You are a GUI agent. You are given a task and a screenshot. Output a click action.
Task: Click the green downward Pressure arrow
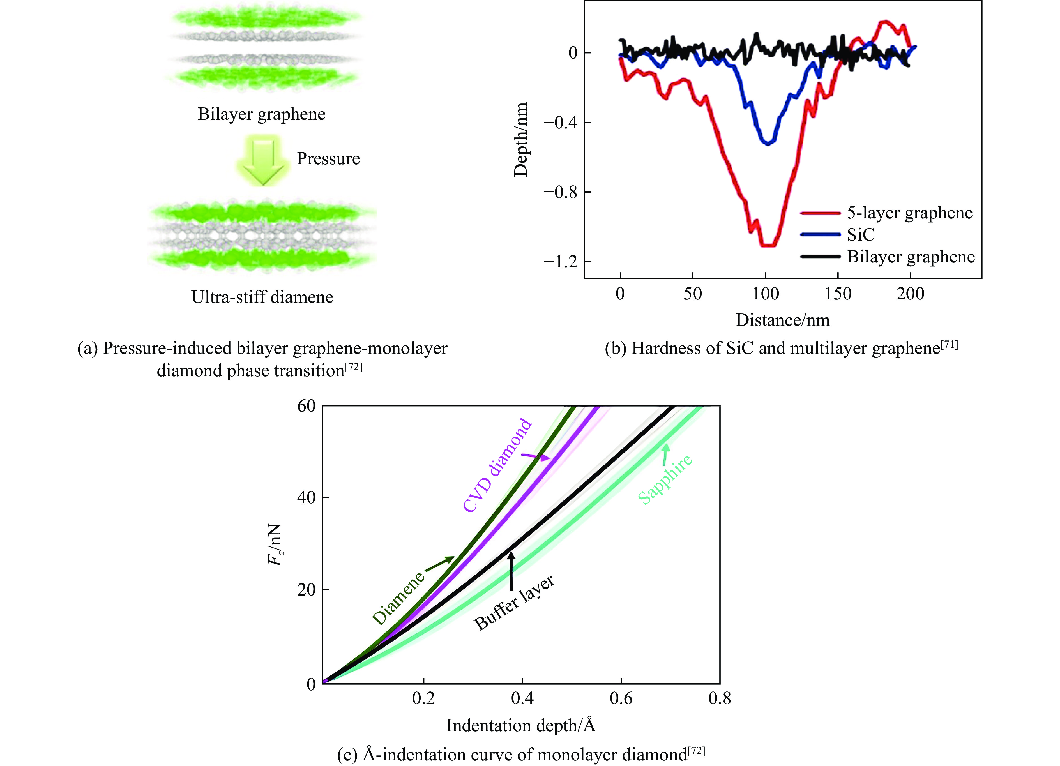click(x=263, y=160)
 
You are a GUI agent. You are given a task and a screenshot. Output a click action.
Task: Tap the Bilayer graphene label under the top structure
click(x=261, y=114)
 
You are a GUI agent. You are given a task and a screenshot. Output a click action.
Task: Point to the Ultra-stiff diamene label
click(x=262, y=297)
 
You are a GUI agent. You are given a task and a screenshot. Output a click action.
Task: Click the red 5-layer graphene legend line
click(x=820, y=213)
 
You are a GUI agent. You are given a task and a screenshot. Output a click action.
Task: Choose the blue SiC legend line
click(x=820, y=234)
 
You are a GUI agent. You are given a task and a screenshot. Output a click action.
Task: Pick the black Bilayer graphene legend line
click(x=820, y=256)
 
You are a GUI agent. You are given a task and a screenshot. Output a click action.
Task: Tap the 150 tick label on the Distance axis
click(x=838, y=294)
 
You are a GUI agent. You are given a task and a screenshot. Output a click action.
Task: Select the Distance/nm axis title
click(x=783, y=320)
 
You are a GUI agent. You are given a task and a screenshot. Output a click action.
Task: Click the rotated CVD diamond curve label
click(x=497, y=465)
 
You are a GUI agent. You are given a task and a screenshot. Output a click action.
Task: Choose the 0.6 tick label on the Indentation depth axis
click(x=621, y=699)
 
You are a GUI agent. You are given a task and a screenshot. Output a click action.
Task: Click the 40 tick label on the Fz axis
click(x=307, y=497)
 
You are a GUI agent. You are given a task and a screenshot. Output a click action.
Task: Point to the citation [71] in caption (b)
click(x=949, y=345)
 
